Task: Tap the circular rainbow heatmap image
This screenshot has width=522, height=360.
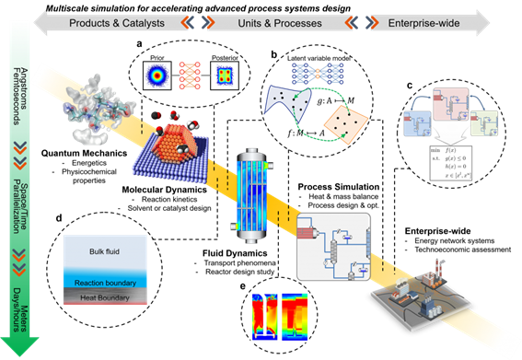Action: click(x=157, y=75)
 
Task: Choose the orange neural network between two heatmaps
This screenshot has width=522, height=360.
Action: click(x=190, y=75)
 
